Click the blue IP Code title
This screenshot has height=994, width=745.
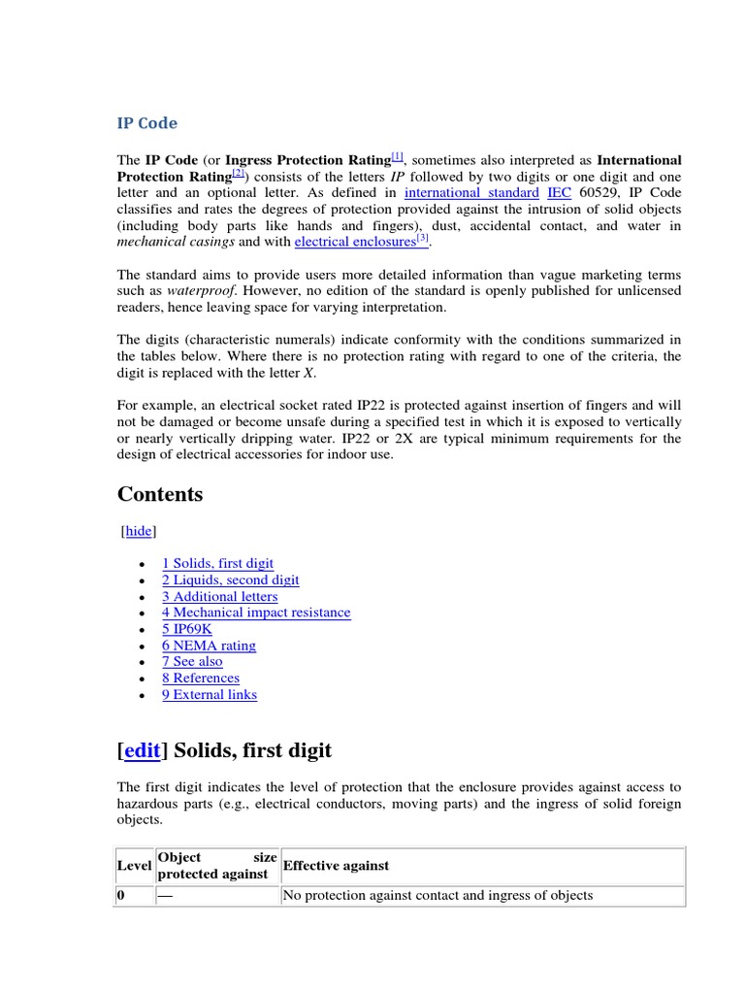(x=147, y=123)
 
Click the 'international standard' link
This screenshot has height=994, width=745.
(x=471, y=193)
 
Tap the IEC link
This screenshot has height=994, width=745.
(x=559, y=193)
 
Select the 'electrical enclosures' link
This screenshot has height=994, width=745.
(x=355, y=242)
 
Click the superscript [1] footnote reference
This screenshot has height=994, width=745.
(x=398, y=156)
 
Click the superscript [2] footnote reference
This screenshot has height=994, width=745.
(x=240, y=174)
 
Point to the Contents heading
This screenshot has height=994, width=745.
(x=160, y=494)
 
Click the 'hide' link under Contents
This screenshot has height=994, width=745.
(x=140, y=531)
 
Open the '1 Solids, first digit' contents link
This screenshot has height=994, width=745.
(x=217, y=563)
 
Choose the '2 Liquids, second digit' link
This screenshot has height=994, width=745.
(x=230, y=580)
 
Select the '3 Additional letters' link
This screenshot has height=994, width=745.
(x=219, y=596)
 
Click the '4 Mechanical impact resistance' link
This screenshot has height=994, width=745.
(x=256, y=613)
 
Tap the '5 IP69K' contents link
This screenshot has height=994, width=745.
(x=186, y=629)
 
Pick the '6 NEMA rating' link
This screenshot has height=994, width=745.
(x=209, y=646)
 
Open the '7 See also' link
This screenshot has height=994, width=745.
(x=192, y=661)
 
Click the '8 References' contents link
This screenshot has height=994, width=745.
(x=201, y=678)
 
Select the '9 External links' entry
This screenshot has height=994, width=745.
(x=210, y=694)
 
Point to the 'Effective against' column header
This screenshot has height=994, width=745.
(x=336, y=865)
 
